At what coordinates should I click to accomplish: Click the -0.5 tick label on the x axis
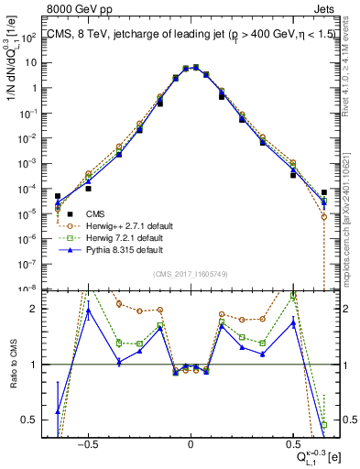87,442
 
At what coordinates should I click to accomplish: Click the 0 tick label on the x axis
191,442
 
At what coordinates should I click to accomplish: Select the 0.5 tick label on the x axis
292,442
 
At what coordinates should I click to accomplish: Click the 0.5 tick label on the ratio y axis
30,420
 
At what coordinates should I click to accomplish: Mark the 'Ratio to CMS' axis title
12,365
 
